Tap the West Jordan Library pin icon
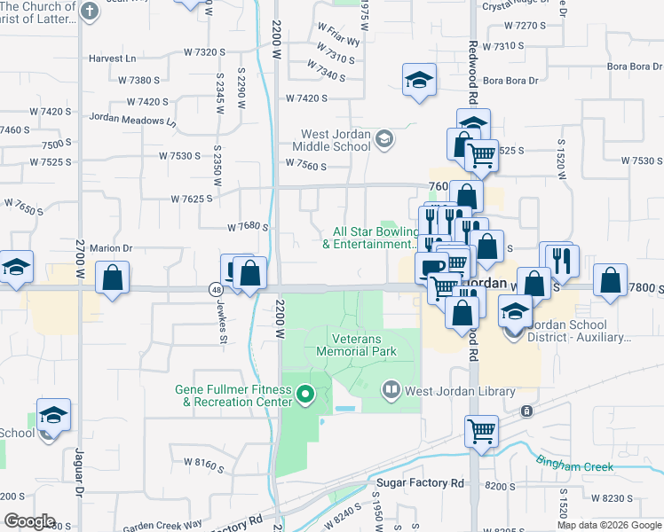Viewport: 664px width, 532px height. pyautogui.click(x=391, y=390)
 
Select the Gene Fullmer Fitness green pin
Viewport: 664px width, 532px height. pyautogui.click(x=306, y=395)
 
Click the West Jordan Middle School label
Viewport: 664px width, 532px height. pyautogui.click(x=337, y=141)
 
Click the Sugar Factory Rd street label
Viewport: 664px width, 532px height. pyautogui.click(x=420, y=483)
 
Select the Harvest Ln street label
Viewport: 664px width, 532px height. pyautogui.click(x=112, y=59)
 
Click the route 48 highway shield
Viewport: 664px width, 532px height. pyautogui.click(x=217, y=289)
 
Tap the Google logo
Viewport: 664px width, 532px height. pyautogui.click(x=28, y=521)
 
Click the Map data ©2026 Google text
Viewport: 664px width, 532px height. pyautogui.click(x=609, y=525)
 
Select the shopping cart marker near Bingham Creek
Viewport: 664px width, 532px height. pyautogui.click(x=481, y=431)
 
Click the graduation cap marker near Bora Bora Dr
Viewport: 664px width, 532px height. pyautogui.click(x=418, y=80)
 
